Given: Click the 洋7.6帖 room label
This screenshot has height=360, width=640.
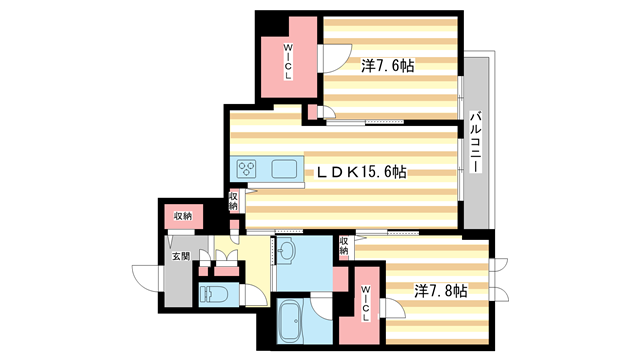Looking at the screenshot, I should click(x=388, y=65).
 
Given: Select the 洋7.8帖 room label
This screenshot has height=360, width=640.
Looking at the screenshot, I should click(x=441, y=291).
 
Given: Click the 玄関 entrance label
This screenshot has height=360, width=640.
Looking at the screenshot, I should click(x=179, y=257).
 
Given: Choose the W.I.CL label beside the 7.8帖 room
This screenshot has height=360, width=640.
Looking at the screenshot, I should click(x=366, y=301).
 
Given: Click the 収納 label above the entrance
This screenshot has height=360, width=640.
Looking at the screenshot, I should click(x=182, y=216).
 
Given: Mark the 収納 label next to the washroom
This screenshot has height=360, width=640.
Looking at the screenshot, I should click(x=343, y=246).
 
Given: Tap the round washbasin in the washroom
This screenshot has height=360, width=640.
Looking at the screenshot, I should click(x=287, y=250).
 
